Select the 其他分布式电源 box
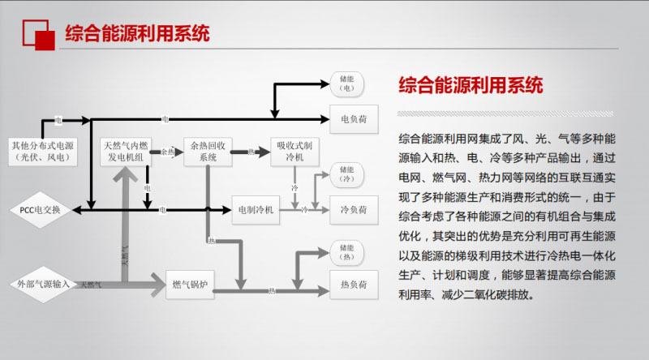45,152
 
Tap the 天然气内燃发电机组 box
125,152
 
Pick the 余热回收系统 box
209,152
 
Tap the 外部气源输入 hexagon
45,285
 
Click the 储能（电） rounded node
347,82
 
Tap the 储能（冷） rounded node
347,173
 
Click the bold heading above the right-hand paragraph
471,85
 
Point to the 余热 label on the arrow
168,152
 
